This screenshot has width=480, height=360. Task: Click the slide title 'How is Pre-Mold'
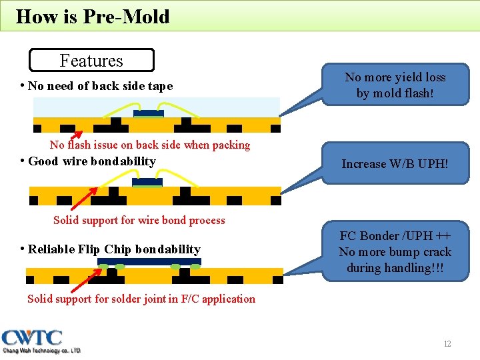click(x=93, y=16)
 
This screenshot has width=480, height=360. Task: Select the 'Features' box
click(x=91, y=60)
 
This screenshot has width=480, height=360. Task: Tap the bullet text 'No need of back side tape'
click(x=100, y=86)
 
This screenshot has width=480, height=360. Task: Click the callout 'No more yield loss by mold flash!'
click(x=395, y=85)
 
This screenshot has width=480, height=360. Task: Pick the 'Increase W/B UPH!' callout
click(x=395, y=163)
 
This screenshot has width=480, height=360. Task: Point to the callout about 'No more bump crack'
click(x=395, y=251)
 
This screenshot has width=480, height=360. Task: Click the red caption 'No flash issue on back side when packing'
click(x=149, y=145)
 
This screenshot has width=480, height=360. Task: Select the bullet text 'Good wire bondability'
click(x=92, y=161)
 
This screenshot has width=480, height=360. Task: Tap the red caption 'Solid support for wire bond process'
click(x=139, y=220)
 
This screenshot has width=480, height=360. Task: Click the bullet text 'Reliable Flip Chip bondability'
click(x=114, y=249)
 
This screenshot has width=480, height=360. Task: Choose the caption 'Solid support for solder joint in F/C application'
click(x=141, y=299)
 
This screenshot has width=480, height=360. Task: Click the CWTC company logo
click(x=41, y=341)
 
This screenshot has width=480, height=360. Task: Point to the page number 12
click(x=447, y=343)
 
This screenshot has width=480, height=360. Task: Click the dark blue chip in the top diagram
click(x=147, y=113)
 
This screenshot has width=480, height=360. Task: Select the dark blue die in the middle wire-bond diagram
click(x=147, y=181)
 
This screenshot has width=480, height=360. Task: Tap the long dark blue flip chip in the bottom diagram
click(x=149, y=261)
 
